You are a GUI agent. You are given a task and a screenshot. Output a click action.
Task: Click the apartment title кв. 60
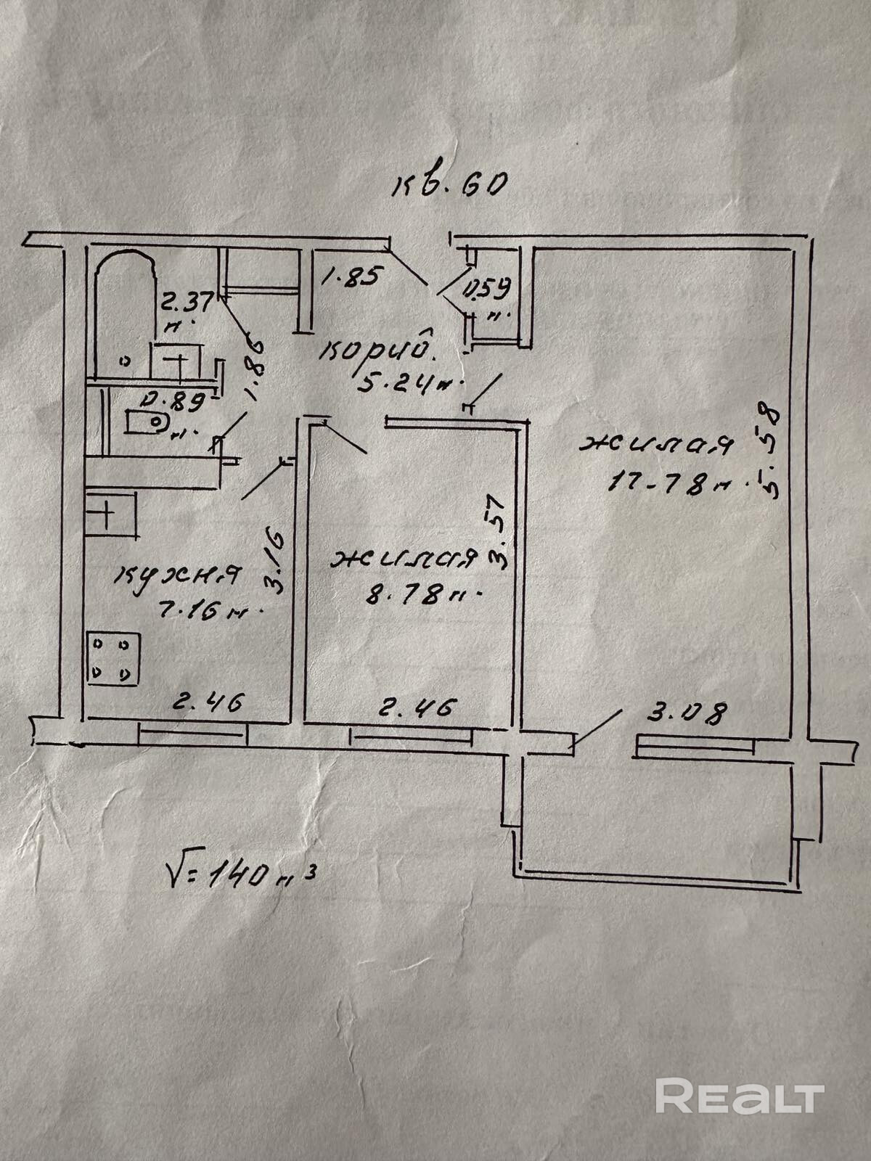[447, 186]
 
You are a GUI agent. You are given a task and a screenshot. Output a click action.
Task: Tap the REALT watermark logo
[740, 1075]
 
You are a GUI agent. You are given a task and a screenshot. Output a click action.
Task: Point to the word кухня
[178, 576]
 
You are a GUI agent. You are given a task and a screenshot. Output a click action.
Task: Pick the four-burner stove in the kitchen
[113, 658]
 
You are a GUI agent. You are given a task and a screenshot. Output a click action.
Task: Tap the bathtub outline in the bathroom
[125, 305]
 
